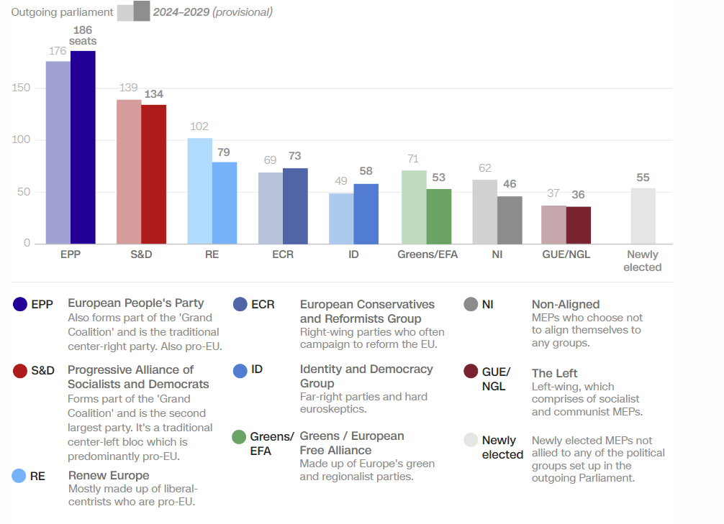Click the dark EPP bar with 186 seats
83,147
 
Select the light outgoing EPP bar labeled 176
58,152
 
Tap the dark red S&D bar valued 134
153,174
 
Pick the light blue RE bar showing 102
200,190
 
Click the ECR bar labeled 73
295,206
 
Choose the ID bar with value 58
366,213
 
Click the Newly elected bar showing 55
643,216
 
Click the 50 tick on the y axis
24,191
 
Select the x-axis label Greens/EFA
427,254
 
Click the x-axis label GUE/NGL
566,254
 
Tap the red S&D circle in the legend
20,371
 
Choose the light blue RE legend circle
20,476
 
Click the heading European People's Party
136,303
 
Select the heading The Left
554,373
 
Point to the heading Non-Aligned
565,305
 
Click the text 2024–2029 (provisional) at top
212,12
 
